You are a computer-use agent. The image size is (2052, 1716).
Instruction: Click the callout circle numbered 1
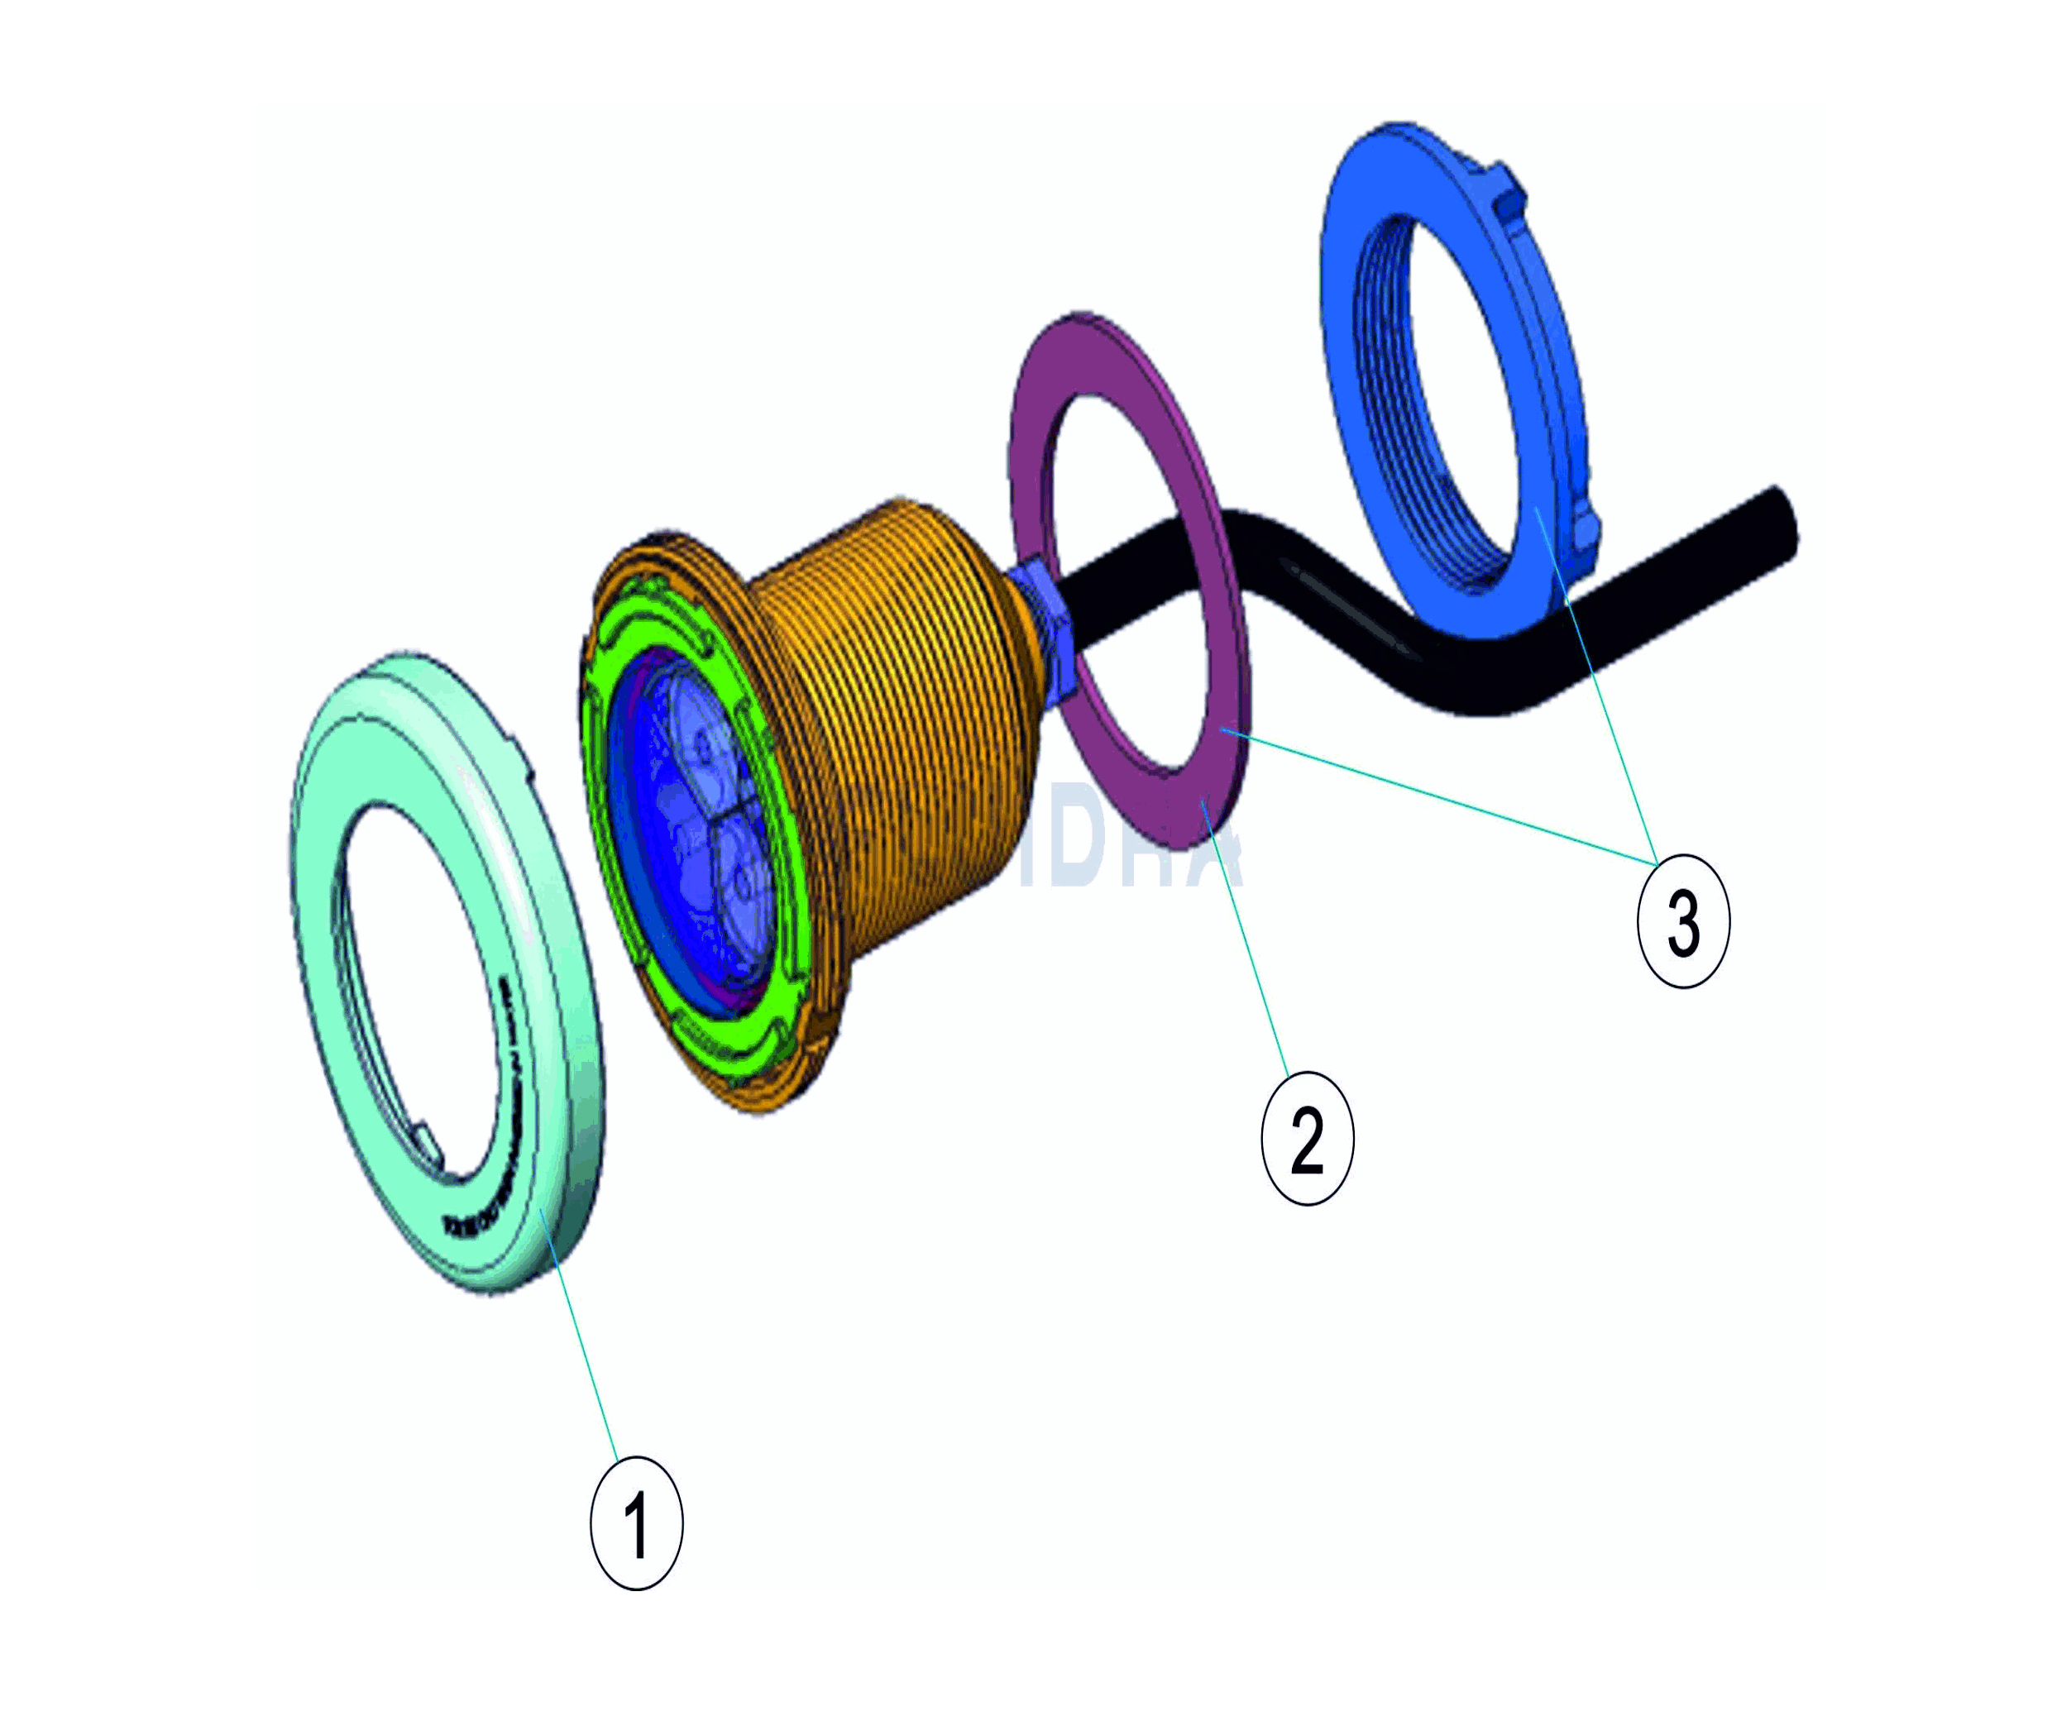click(636, 1522)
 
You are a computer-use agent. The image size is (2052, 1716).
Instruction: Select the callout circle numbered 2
click(1307, 1139)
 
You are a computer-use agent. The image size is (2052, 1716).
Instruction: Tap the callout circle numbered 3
click(1682, 920)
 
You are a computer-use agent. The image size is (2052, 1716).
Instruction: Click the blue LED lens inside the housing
click(704, 830)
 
